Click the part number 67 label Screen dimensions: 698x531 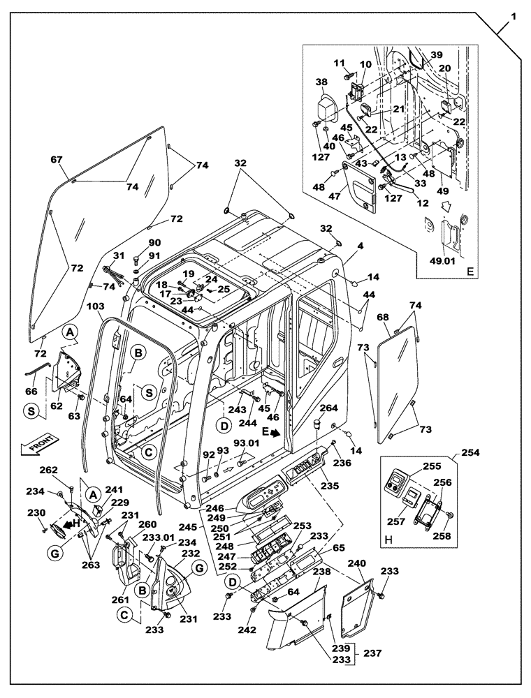pyautogui.click(x=57, y=160)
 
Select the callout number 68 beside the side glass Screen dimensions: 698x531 pyautogui.click(x=383, y=318)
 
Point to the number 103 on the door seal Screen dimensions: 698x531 pyautogui.click(x=96, y=306)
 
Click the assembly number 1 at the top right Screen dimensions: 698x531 pyautogui.click(x=514, y=15)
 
